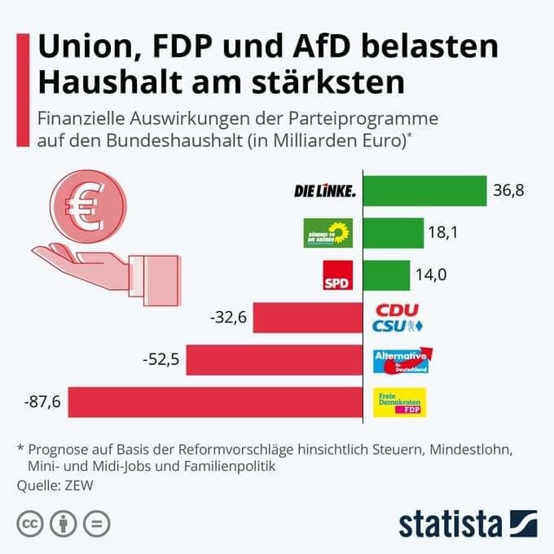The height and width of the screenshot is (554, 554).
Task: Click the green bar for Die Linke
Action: [424, 191]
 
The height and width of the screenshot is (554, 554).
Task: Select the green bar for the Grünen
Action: [393, 233]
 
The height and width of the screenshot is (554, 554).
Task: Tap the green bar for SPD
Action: [386, 275]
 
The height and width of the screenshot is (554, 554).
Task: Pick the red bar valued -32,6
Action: [307, 318]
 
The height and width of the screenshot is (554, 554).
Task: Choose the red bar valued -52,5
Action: [274, 359]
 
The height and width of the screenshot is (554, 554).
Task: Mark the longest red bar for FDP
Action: [215, 402]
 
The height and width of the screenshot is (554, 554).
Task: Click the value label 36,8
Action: [509, 191]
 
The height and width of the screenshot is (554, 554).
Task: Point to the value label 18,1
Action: [444, 233]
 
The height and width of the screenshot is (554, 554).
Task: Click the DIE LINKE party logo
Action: [324, 191]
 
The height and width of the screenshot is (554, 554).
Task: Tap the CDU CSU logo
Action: [397, 318]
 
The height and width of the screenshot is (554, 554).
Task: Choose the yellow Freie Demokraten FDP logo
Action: [399, 402]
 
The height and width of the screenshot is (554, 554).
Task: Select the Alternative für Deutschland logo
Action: [402, 360]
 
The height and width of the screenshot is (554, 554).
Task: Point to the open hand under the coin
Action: [98, 267]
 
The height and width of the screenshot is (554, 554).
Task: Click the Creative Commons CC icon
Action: [30, 523]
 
